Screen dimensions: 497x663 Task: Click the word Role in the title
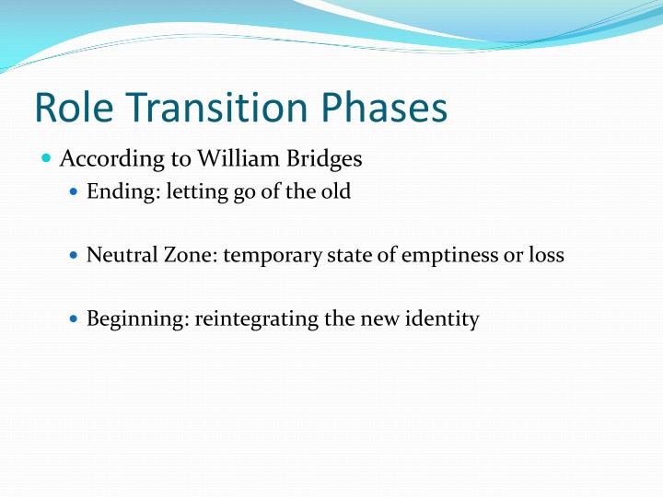pyautogui.click(x=72, y=108)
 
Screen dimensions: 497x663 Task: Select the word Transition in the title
pyautogui.click(x=217, y=108)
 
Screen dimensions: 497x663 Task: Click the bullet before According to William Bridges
pyautogui.click(x=47, y=159)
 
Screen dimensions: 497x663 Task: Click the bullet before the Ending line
pyautogui.click(x=76, y=194)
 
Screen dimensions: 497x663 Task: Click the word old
pyautogui.click(x=335, y=194)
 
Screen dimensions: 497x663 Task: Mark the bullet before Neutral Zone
pyautogui.click(x=76, y=257)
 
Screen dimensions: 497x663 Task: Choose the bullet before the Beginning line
pyautogui.click(x=76, y=319)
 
